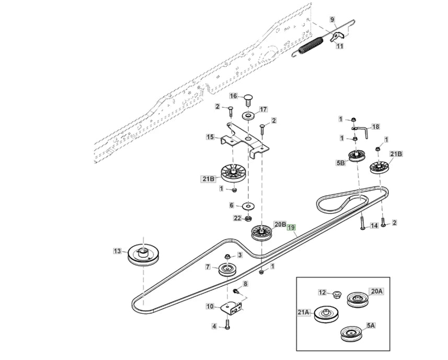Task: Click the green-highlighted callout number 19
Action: point(291,228)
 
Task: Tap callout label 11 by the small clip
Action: point(340,46)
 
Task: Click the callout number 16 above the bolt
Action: point(234,96)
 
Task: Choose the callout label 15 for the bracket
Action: point(210,137)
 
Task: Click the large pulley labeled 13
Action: point(145,255)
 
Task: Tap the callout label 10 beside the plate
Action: point(210,307)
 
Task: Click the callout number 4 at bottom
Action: point(213,327)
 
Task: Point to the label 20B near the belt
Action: point(280,224)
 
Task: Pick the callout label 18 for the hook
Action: point(375,127)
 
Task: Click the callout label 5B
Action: point(340,163)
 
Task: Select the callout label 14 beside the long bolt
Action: point(373,226)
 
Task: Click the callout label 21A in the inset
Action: point(304,313)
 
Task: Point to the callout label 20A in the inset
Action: point(376,291)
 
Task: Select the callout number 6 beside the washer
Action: point(232,206)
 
